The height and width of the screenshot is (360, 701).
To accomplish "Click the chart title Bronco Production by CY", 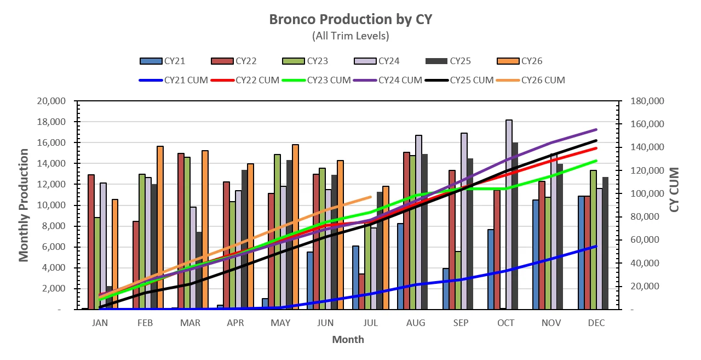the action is (350, 19).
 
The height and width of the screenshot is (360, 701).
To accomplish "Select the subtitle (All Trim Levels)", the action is (350, 36).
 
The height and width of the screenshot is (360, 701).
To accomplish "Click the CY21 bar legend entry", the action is (163, 61).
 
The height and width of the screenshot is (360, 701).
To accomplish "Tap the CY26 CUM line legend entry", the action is (531, 81).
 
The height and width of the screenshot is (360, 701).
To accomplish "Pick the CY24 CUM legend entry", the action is (388, 81).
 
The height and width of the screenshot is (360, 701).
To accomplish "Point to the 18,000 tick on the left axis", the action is (51, 122).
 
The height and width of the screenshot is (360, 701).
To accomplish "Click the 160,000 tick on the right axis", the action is (647, 124).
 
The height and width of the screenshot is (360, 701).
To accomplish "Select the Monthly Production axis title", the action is (24, 205).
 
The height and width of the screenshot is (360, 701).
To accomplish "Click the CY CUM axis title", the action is (675, 190).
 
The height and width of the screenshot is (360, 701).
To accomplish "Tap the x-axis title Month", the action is (348, 340).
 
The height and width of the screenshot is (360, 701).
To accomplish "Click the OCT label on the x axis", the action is (505, 323).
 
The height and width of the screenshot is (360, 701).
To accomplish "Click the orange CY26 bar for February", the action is (160, 228).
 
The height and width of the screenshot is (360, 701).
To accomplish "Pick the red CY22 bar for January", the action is (91, 242).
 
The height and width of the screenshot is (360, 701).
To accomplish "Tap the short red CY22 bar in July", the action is (362, 292).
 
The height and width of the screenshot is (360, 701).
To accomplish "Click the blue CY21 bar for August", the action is (400, 266).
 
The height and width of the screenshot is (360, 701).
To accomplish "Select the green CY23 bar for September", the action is (458, 281).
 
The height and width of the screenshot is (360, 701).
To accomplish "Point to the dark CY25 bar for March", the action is (199, 271).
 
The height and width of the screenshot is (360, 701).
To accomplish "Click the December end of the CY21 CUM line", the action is (596, 247).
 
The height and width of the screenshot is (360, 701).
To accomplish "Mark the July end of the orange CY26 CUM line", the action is (371, 197).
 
